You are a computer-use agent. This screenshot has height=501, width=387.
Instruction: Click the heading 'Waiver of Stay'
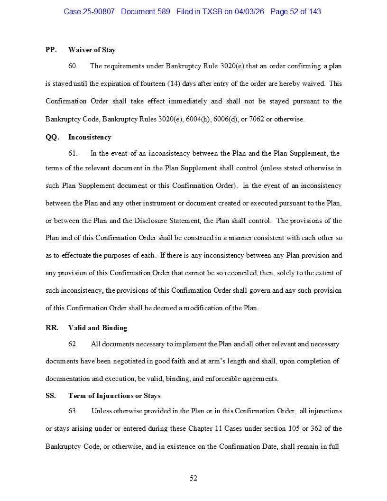pyautogui.click(x=92, y=50)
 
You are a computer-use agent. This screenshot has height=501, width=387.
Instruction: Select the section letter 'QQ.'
pyautogui.click(x=52, y=137)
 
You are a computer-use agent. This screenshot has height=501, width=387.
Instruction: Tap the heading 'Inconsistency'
pyautogui.click(x=90, y=137)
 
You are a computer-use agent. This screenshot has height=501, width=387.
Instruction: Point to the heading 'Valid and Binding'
pyautogui.click(x=98, y=328)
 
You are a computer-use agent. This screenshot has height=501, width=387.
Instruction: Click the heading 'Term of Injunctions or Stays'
pyautogui.click(x=114, y=396)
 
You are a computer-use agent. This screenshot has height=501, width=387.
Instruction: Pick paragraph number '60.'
pyautogui.click(x=73, y=66)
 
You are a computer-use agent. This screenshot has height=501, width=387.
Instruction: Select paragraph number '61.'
pyautogui.click(x=73, y=153)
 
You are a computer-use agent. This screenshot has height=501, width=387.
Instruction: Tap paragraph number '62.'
pyautogui.click(x=73, y=344)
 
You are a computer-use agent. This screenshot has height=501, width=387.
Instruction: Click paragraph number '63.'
pyautogui.click(x=73, y=411)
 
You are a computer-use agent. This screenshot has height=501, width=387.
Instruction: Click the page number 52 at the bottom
pyautogui.click(x=193, y=478)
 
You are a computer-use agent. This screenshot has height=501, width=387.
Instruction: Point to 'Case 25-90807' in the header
pyautogui.click(x=89, y=11)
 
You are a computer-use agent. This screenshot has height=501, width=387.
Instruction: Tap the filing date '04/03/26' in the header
pyautogui.click(x=250, y=11)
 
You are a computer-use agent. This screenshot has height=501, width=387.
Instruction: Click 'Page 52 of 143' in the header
pyautogui.click(x=295, y=11)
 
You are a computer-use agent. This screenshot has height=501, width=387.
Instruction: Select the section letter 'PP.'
pyautogui.click(x=51, y=50)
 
